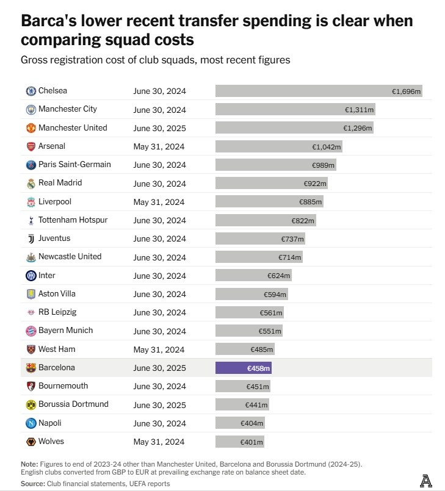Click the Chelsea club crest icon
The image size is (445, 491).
coord(31,91)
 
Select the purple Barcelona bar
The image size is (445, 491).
coord(243,368)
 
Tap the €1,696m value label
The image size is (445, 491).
coord(407,91)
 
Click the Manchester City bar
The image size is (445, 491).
coord(295,110)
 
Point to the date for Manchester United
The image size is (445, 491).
coord(159,128)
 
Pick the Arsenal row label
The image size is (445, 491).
coord(52,146)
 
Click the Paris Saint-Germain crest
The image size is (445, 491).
coord(31,165)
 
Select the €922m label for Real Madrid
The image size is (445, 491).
coord(316,184)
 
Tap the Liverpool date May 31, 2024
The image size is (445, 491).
coord(159,202)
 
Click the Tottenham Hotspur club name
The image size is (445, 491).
coord(73,220)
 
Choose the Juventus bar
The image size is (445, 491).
coord(260,239)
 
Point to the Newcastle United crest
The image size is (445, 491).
coord(31,257)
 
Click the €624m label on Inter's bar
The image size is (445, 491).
coord(279,276)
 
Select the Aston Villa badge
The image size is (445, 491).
coord(31,294)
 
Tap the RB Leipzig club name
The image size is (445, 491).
coord(57,312)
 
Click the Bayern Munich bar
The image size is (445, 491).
coord(249,331)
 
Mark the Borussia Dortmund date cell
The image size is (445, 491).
coord(159,404)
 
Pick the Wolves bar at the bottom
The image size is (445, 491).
coord(240,442)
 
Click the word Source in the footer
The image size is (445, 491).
coord(32,483)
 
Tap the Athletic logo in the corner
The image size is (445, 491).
coord(426,481)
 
